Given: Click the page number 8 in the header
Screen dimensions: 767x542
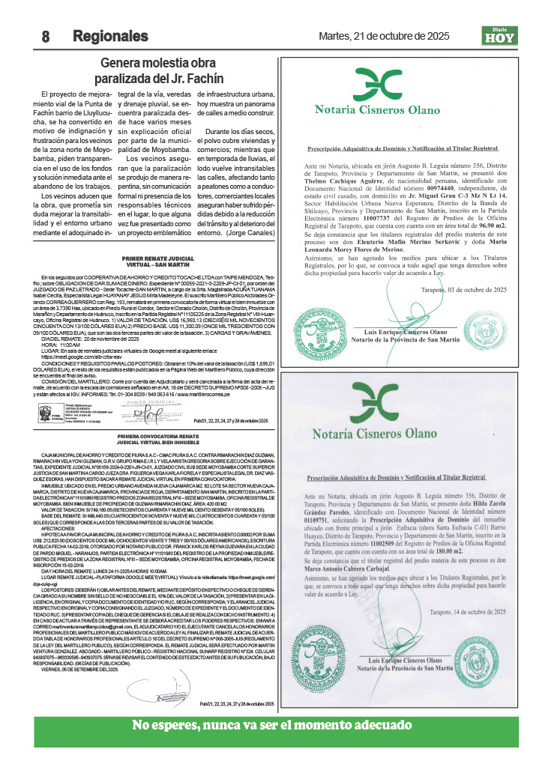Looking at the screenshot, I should pyautogui.click(x=46, y=36).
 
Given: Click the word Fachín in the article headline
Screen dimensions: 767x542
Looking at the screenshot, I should pyautogui.click(x=205, y=79).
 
